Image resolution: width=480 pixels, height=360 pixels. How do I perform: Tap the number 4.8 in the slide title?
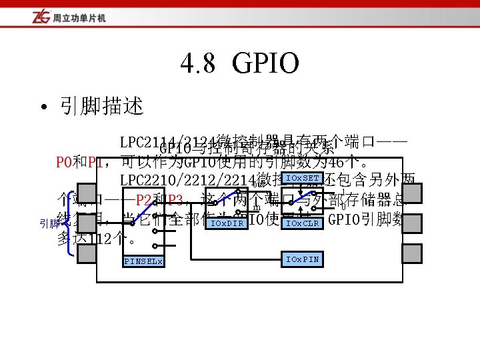click(x=198, y=65)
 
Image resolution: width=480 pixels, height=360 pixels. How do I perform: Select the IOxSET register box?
click(x=302, y=178)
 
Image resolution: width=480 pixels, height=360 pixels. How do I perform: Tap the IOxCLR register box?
click(x=302, y=223)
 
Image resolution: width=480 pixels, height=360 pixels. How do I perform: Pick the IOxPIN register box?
click(x=302, y=259)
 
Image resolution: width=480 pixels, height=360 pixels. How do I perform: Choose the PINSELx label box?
click(x=143, y=261)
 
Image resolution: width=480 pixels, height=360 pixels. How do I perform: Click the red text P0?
click(x=64, y=162)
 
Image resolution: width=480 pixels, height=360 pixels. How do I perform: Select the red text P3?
click(x=175, y=199)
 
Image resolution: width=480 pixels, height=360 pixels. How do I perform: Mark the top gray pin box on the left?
click(x=87, y=193)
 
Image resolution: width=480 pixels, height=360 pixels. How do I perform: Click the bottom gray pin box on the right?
click(x=412, y=253)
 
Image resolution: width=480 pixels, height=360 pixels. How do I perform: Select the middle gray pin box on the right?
click(x=412, y=223)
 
